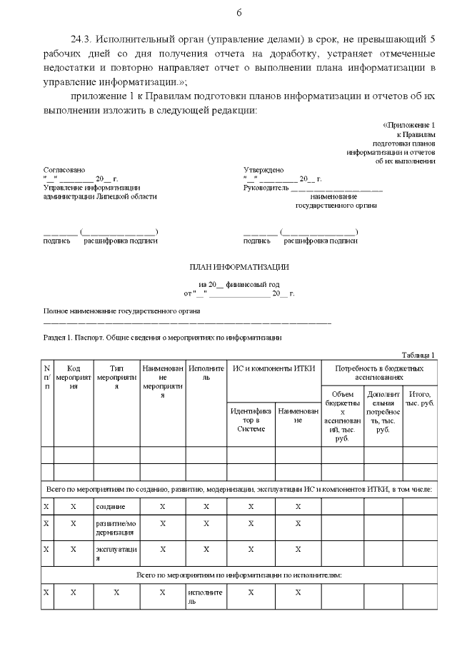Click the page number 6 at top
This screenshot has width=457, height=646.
click(238, 13)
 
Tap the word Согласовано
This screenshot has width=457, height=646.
click(64, 170)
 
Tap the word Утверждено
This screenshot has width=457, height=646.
click(263, 170)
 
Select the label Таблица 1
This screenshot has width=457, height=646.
click(418, 355)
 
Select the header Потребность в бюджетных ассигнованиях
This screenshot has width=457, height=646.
click(378, 372)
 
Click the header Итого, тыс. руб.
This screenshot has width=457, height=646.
click(420, 398)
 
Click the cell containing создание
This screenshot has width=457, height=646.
click(111, 506)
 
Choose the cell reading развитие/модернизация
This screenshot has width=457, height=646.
click(116, 528)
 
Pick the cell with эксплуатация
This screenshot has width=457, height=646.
click(116, 554)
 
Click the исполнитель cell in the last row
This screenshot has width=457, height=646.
click(206, 597)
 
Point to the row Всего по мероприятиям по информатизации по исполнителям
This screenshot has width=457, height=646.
click(238, 575)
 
